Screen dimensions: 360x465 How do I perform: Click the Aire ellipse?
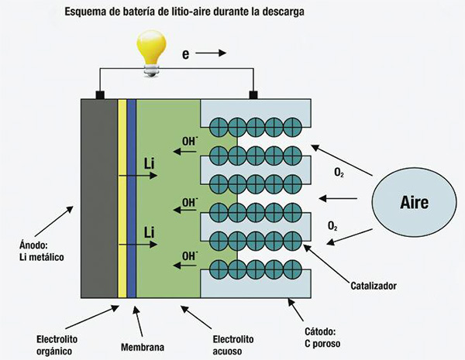click(414, 202)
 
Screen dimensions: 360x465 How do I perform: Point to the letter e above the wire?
click(186, 55)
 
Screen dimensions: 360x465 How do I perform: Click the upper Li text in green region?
click(151, 164)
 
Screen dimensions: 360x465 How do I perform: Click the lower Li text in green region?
click(151, 231)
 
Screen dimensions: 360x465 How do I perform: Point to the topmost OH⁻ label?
click(188, 141)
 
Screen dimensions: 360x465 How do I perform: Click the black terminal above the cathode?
click(253, 95)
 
